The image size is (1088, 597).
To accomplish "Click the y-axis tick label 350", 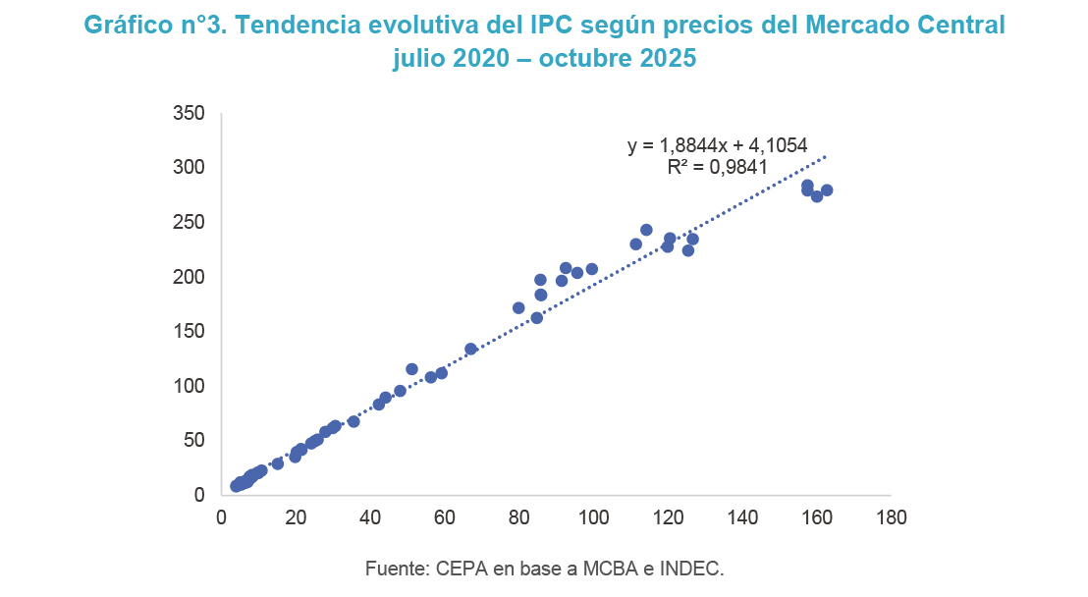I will point(190,114).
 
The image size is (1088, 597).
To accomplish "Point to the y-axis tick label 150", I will point(190,332).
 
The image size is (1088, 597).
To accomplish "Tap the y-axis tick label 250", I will point(190,223).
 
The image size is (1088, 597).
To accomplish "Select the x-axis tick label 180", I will point(890,517).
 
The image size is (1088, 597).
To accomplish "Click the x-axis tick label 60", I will point(444,517).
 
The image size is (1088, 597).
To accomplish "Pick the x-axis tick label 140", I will point(741,517).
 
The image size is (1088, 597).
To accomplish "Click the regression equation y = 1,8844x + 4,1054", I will point(718,145).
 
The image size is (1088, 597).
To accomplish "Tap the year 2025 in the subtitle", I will point(663,59).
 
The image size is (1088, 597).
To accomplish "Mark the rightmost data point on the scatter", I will point(827,190).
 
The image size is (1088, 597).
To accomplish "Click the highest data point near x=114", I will point(646,230).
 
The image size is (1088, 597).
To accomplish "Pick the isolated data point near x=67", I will point(470,349).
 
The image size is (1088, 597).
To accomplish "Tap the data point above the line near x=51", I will point(411,369).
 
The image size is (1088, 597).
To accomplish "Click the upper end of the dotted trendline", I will point(827,156).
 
